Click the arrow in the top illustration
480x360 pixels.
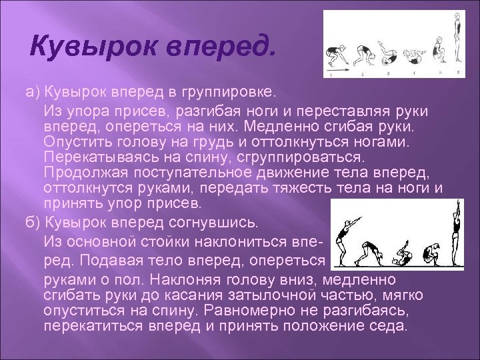[334, 69]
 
